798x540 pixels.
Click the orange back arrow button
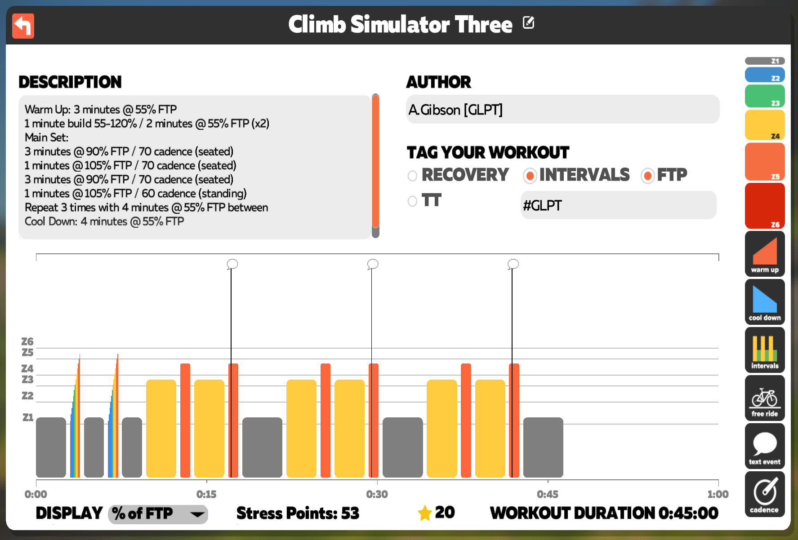pos(23,26)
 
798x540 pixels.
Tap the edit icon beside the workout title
pos(529,22)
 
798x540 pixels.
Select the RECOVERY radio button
pos(412,176)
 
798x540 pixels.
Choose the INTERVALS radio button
pos(530,176)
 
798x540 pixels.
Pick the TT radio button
pos(412,201)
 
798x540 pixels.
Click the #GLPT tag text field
pos(618,205)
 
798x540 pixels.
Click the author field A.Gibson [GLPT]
pos(562,109)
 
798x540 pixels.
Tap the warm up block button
pos(765,253)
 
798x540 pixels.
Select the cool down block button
pos(765,301)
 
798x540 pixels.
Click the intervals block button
pos(765,350)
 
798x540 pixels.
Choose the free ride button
pos(765,398)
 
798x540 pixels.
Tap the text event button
pos(765,446)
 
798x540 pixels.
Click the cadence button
pos(765,494)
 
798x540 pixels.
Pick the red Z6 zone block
pos(765,206)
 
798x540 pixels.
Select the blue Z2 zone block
pos(765,75)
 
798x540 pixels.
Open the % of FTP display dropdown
pos(158,514)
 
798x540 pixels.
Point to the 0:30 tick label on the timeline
pos(377,494)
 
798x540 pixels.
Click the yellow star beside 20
pos(425,513)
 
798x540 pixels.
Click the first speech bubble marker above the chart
pos(232,264)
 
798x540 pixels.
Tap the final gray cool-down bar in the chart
pos(543,447)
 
